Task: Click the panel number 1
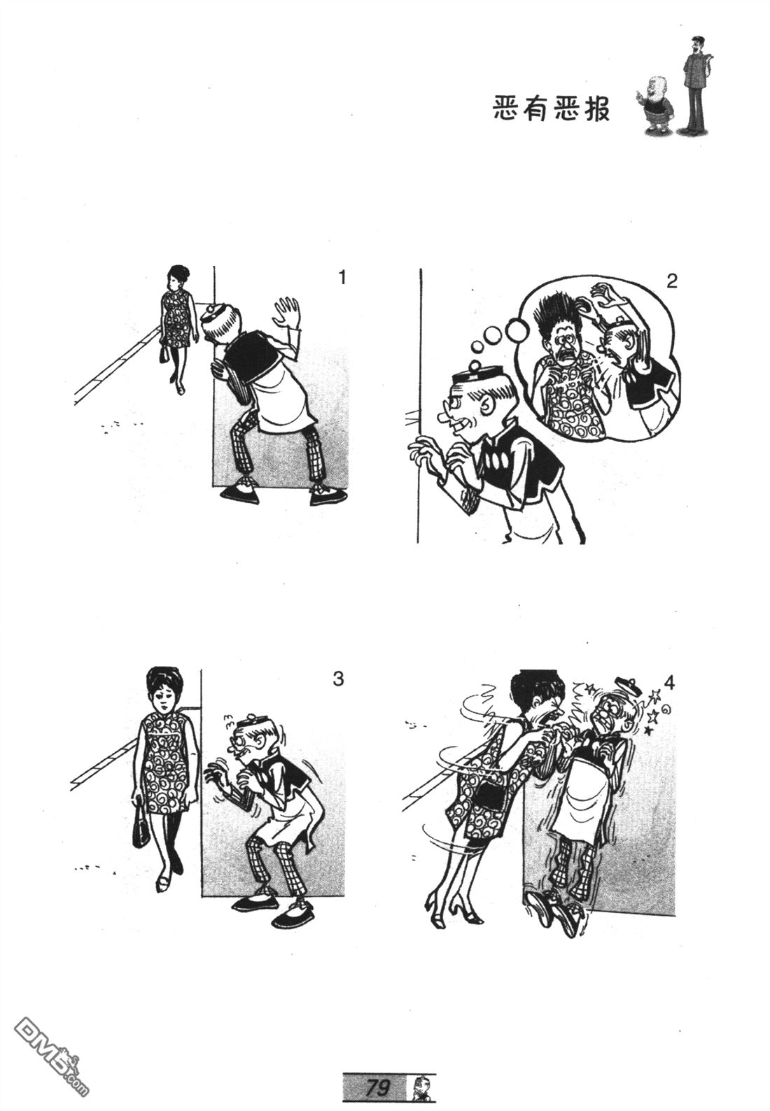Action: tap(342, 278)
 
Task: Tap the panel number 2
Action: tap(671, 282)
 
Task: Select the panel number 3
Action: tap(338, 679)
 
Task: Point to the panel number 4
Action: tap(668, 683)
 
